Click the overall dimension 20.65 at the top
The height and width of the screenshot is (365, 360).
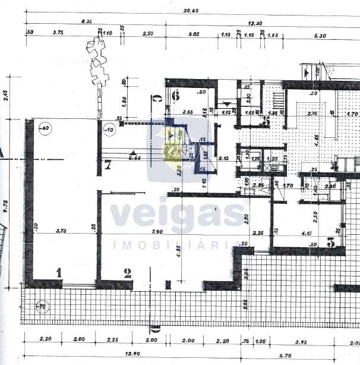click(190, 11)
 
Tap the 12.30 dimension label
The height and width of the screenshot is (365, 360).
click(256, 22)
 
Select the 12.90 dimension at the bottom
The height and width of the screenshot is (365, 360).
click(126, 353)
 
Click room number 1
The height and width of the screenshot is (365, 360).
click(59, 272)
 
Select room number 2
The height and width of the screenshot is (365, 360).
click(127, 273)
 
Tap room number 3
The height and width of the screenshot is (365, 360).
click(331, 242)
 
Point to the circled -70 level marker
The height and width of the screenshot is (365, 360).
click(41, 307)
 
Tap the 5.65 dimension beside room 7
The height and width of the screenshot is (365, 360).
click(134, 159)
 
